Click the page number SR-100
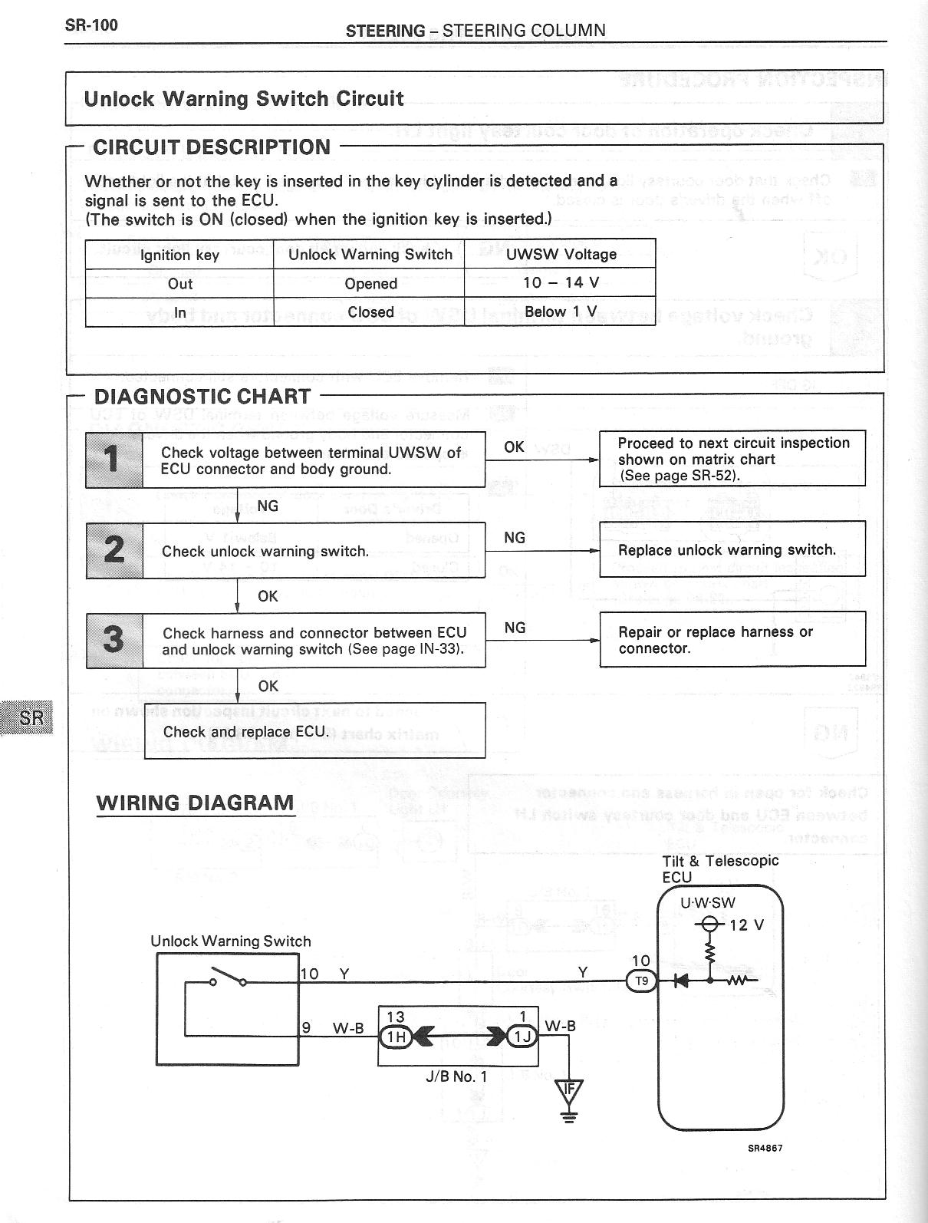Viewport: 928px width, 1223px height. (91, 25)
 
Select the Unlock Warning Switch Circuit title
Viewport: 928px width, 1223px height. (243, 99)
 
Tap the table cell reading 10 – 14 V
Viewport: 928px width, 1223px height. (560, 282)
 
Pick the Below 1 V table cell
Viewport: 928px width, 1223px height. (560, 312)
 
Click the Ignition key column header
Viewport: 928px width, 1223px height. (179, 255)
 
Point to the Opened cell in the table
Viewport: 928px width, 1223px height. (370, 283)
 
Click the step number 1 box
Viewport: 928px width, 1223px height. (114, 460)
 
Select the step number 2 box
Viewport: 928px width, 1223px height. (114, 550)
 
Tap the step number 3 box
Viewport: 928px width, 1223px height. (114, 640)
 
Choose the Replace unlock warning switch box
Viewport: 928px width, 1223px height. (732, 549)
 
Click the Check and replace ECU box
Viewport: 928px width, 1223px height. (314, 730)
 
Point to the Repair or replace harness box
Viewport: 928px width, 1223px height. (732, 639)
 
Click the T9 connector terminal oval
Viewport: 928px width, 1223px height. (642, 981)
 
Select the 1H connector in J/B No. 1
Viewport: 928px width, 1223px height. (396, 1037)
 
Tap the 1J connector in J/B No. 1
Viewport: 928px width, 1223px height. (522, 1037)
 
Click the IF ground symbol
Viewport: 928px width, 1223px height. (568, 1092)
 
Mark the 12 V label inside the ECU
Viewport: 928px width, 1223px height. (746, 925)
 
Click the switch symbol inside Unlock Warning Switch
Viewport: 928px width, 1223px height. (228, 979)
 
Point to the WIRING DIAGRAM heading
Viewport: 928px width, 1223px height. (195, 803)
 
